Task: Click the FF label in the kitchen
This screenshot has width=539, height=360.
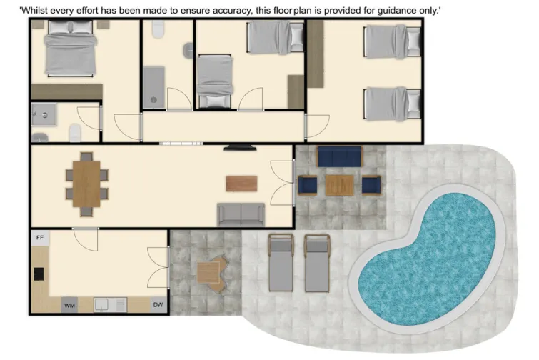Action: coord(39,238)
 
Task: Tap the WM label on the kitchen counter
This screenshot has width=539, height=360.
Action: coord(70,306)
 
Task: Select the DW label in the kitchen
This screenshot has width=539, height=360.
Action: coord(158,306)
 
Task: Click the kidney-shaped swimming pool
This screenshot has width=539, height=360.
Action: coord(428,246)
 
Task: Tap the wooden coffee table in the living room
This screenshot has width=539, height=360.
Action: coord(240,183)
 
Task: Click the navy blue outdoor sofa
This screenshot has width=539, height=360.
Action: coord(340,156)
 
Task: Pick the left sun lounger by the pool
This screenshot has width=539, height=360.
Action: coord(281,262)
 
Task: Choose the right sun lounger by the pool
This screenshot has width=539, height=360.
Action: coord(317,262)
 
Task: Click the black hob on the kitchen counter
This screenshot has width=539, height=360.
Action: coord(37,274)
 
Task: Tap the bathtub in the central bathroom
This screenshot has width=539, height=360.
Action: coord(153,87)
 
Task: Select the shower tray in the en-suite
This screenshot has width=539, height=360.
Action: coord(44,112)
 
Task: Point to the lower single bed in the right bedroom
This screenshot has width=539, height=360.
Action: coord(392,104)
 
